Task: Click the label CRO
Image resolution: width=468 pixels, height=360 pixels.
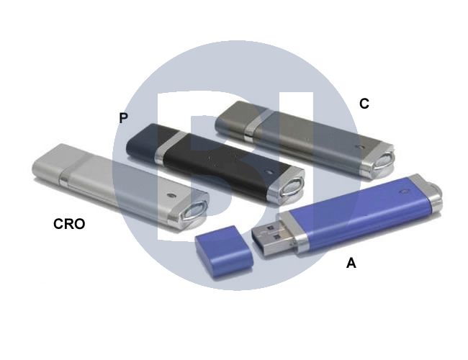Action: coord(69,224)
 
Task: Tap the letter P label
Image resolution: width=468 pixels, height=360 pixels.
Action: coord(123,118)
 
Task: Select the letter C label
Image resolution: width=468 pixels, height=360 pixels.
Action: coord(364,104)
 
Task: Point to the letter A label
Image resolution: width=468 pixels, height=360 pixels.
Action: coord(351,264)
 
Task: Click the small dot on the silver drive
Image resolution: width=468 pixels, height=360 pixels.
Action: coord(171,196)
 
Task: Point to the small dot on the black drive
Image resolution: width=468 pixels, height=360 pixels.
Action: coord(269,172)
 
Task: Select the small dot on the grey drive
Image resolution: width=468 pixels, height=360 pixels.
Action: coord(361,147)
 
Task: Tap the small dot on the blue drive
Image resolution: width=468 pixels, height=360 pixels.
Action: coord(404,191)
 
